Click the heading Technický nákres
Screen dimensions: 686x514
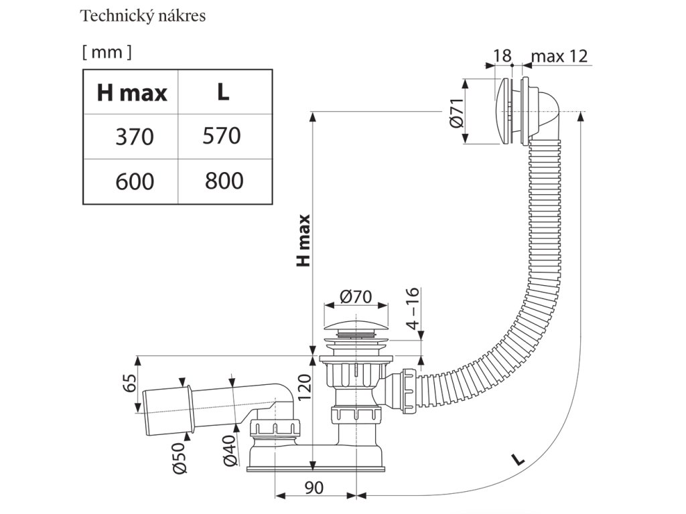click(143, 16)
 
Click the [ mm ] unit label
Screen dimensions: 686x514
click(107, 52)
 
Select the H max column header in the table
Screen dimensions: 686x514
click(132, 92)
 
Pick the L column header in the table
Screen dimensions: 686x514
click(223, 92)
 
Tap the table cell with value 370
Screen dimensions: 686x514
click(134, 137)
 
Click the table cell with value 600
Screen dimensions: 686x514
click(134, 181)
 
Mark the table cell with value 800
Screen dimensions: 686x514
click(224, 181)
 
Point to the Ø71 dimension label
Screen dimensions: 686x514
click(456, 112)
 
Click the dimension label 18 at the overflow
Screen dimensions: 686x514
click(502, 56)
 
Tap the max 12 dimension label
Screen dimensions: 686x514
click(559, 56)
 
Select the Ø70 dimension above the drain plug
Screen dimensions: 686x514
click(355, 297)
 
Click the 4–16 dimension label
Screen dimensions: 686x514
click(412, 309)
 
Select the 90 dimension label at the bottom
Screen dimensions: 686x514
click(314, 488)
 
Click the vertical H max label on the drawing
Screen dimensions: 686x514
click(303, 240)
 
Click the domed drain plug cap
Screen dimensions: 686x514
click(355, 327)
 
